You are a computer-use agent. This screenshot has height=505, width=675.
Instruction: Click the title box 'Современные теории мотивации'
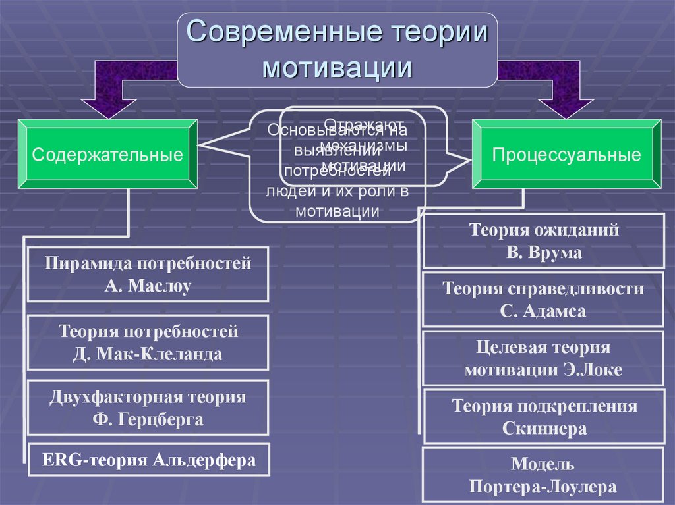[x=337, y=50]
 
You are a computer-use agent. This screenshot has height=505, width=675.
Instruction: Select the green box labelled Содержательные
[x=107, y=155]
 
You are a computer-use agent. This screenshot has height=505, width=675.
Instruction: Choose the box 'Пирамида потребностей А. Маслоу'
[x=148, y=275]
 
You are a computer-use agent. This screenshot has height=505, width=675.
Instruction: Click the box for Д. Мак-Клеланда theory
[x=148, y=342]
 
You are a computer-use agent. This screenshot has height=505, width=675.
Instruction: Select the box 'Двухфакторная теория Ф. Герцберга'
[x=148, y=408]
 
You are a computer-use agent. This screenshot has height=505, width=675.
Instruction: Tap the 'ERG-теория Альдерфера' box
[x=148, y=460]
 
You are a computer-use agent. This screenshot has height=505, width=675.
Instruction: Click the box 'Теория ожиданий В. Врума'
[x=544, y=242]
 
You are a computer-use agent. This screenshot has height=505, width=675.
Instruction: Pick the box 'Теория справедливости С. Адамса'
[x=544, y=300]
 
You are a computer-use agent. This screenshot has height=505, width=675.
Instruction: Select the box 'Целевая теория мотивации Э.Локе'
[x=544, y=358]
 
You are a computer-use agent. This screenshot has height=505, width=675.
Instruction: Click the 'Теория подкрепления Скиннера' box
[x=544, y=417]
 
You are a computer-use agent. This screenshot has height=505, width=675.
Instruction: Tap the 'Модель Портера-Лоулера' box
[x=544, y=475]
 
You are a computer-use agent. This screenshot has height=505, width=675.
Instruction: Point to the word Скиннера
[x=544, y=429]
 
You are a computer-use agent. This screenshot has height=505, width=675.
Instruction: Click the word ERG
[x=56, y=460]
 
